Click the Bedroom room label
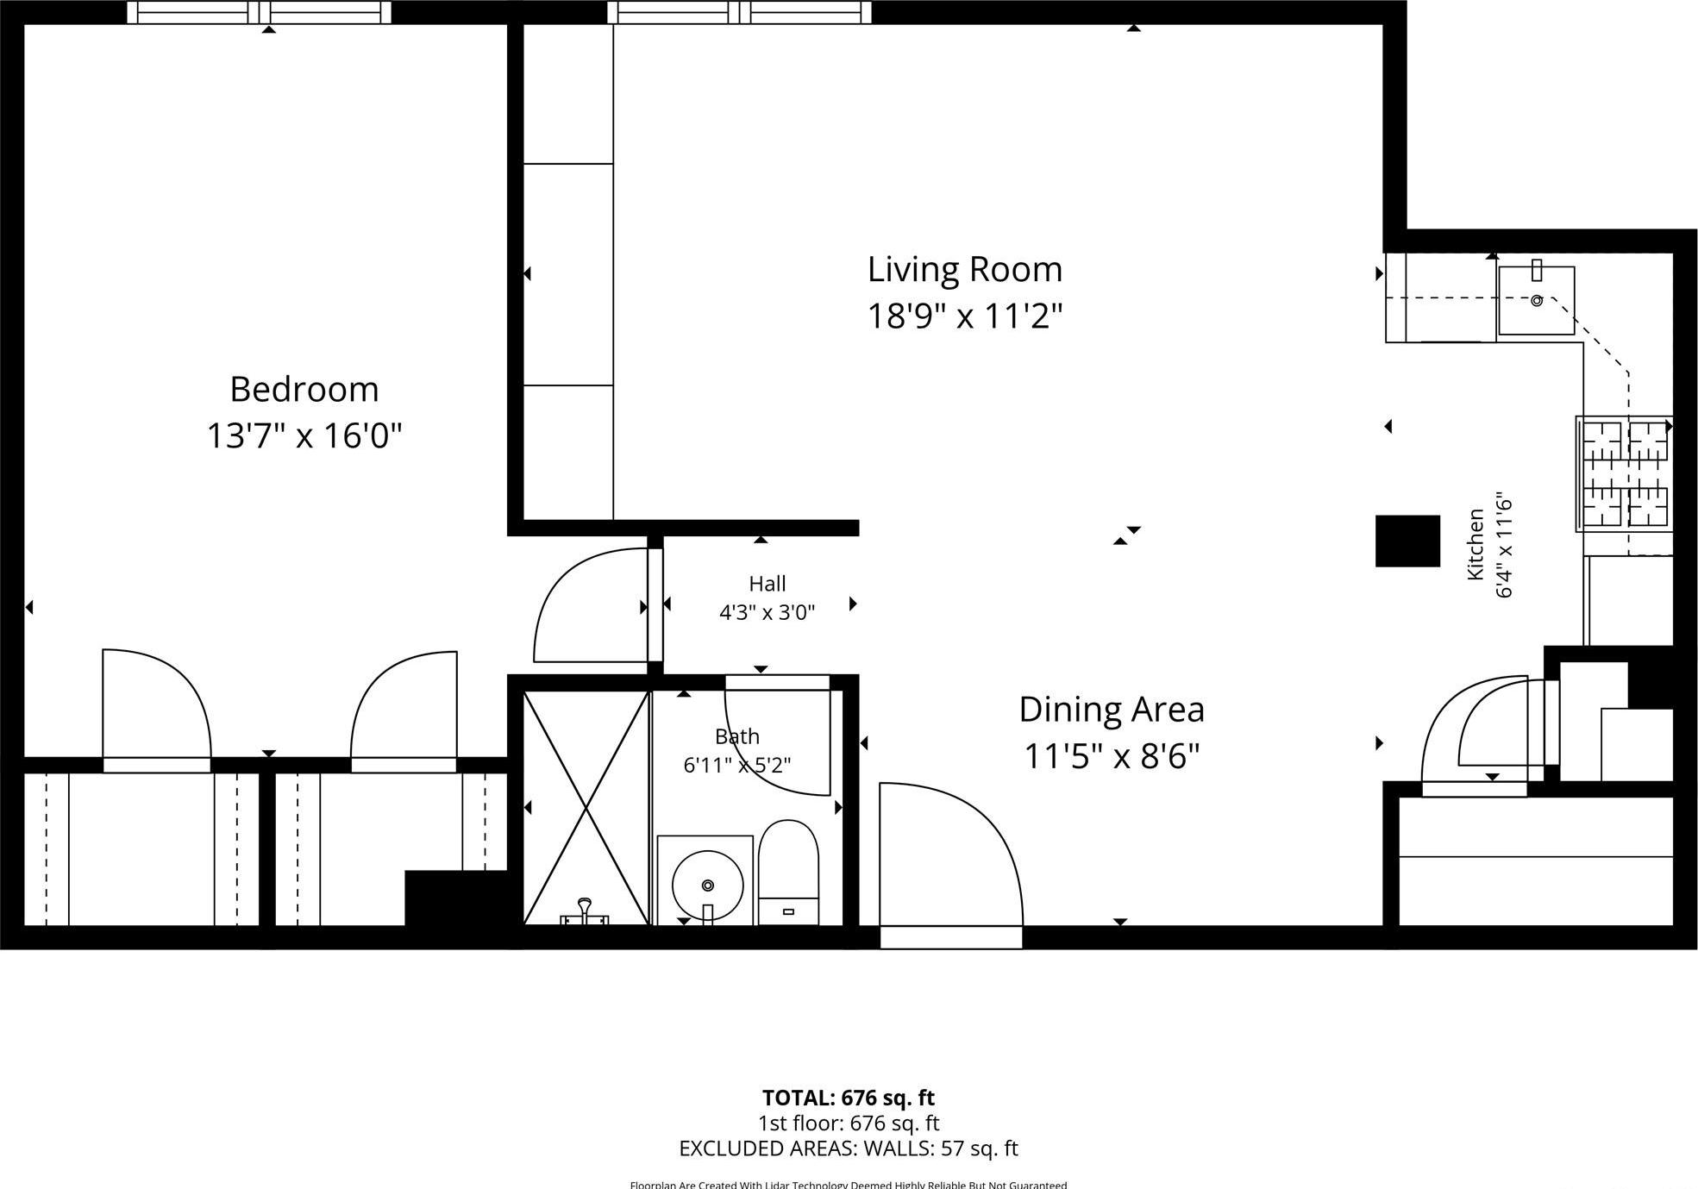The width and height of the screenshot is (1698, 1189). click(x=304, y=390)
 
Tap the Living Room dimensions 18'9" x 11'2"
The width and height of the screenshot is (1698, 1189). click(x=964, y=316)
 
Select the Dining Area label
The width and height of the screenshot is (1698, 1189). click(x=1111, y=710)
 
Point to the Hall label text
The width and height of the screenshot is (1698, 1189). click(x=767, y=584)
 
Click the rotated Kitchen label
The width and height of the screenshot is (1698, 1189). click(x=1476, y=544)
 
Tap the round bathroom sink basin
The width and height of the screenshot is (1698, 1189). click(x=707, y=885)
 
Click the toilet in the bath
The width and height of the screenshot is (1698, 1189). click(x=787, y=871)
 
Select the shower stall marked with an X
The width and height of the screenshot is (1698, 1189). click(x=586, y=807)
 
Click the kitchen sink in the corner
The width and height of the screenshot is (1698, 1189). click(x=1536, y=300)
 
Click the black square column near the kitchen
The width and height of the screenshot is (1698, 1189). click(x=1407, y=541)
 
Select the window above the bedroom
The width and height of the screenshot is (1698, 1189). click(x=260, y=12)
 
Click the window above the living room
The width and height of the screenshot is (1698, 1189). click(x=739, y=12)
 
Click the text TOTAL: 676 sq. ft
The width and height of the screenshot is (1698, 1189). click(x=848, y=1098)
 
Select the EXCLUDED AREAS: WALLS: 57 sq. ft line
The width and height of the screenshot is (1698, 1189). click(x=848, y=1148)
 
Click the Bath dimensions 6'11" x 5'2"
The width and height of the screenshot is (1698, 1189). click(x=736, y=765)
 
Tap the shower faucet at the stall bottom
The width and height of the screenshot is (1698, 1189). click(x=585, y=912)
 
